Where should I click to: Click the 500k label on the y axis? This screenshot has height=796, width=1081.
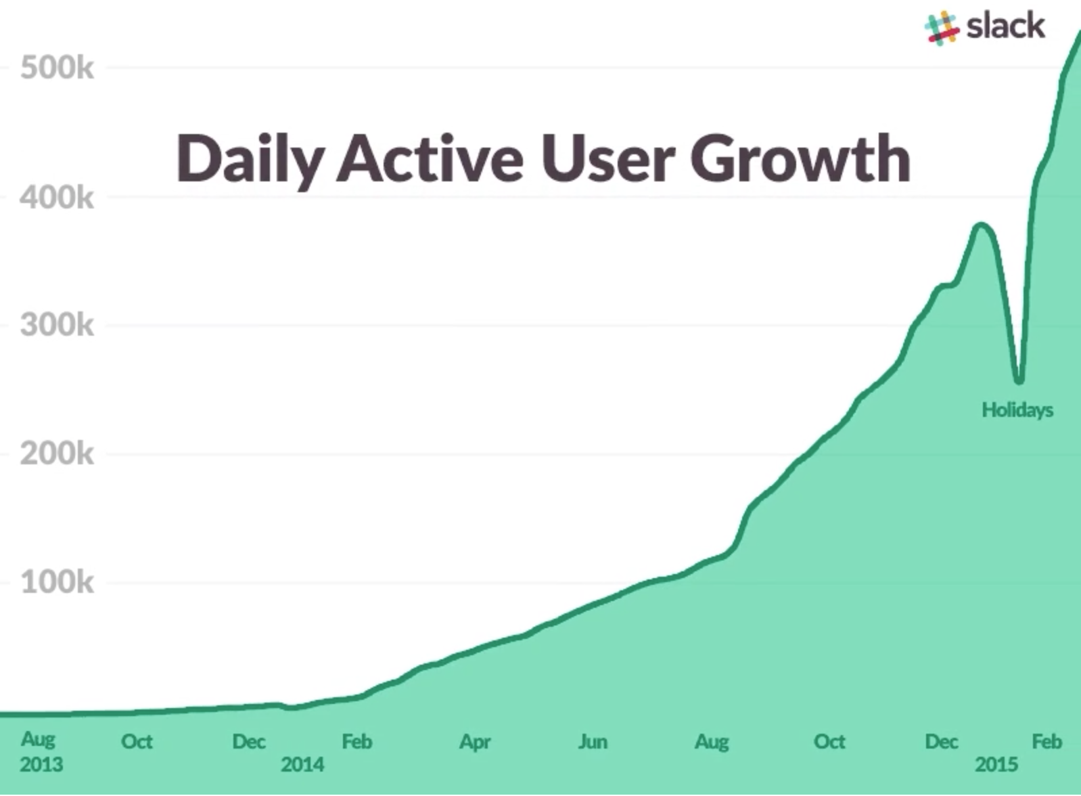click(57, 68)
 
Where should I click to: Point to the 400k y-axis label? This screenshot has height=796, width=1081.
click(57, 198)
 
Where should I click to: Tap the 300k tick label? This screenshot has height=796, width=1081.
click(57, 326)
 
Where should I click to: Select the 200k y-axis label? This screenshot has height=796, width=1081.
click(57, 454)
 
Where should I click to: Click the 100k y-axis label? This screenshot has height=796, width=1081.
click(57, 582)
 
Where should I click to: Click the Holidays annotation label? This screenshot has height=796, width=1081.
click(1017, 410)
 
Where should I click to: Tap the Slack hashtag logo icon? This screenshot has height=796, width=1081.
click(942, 28)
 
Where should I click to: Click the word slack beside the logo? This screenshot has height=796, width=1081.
click(1006, 27)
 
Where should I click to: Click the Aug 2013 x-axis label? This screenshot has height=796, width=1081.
click(40, 751)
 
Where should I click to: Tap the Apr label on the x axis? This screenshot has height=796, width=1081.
click(475, 742)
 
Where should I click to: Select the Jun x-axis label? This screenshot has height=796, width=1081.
click(593, 742)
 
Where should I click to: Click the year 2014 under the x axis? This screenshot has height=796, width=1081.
click(302, 765)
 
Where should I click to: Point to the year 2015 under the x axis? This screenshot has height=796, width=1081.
click(996, 765)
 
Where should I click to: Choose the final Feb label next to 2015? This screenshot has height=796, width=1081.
click(1046, 742)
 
